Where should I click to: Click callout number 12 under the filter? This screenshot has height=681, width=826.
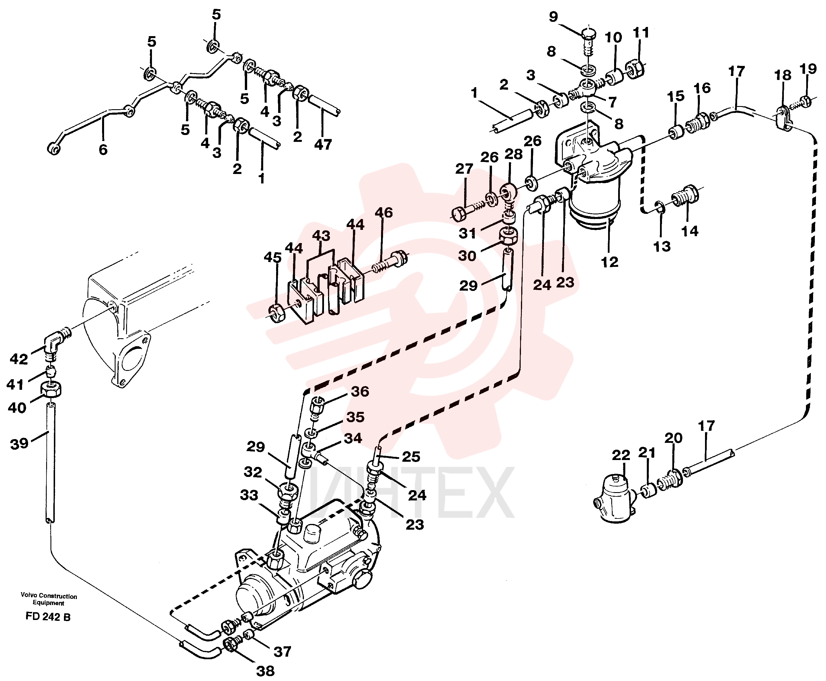[x=610, y=262]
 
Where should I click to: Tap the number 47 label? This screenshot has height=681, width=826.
[x=323, y=145]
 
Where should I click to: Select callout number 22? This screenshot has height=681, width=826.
[x=621, y=455]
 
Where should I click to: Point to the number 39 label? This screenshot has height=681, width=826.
[x=19, y=444]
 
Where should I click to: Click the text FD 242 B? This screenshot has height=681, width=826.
[x=48, y=617]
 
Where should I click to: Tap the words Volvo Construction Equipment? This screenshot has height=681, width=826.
[x=49, y=599]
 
